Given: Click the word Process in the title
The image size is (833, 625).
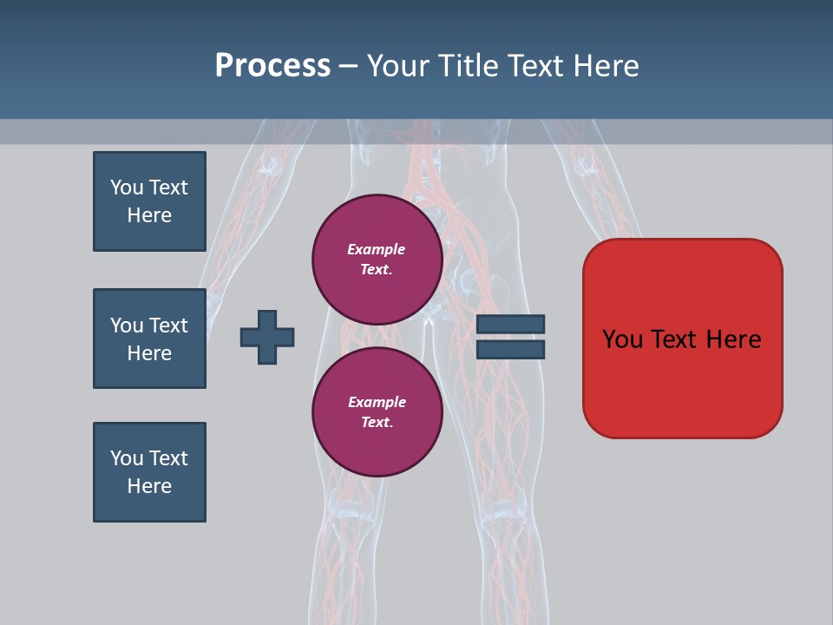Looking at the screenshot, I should pos(272,66).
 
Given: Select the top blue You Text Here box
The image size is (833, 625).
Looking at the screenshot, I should pos(149,201).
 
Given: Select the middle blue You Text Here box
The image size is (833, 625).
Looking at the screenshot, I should pos(149,339).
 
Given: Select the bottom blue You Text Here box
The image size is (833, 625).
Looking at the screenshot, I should pos(149,472).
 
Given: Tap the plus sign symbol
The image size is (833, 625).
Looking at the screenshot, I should pos(267,337).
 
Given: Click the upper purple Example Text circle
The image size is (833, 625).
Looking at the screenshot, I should pos(377,259).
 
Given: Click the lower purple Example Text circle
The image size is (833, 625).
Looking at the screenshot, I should pos(377,411).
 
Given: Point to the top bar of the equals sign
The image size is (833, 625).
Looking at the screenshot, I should pos(510,325).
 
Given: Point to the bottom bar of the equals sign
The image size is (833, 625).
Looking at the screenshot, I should pos(510,349).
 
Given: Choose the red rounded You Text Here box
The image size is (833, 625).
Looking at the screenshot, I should pos(682,339).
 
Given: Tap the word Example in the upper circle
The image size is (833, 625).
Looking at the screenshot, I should pos(377,249).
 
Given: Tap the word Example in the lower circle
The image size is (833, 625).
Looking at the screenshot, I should pos(377,402).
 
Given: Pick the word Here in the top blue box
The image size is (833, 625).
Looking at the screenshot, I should pos(149,215).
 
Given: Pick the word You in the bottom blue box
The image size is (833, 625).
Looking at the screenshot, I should pos(126,458).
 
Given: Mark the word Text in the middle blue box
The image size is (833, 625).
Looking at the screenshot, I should pos(167,326).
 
